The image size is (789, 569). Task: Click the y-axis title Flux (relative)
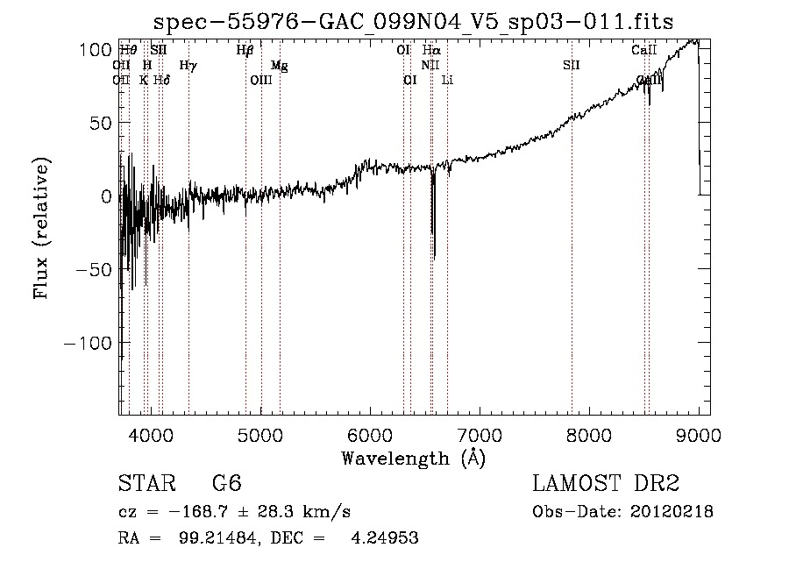point(41,228)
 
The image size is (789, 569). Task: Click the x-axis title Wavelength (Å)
point(413,458)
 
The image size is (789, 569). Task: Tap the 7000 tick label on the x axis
point(480,436)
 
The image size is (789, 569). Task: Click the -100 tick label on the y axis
point(89,343)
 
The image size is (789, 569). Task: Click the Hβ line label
point(245,51)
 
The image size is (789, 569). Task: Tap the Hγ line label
point(188,65)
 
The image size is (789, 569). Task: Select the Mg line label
point(279,65)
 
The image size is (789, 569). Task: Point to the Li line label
point(447,80)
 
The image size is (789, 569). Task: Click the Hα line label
point(431,51)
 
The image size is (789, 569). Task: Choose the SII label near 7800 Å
point(571,65)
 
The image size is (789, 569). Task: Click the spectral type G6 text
point(226,484)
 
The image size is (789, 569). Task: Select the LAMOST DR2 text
point(606,484)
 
